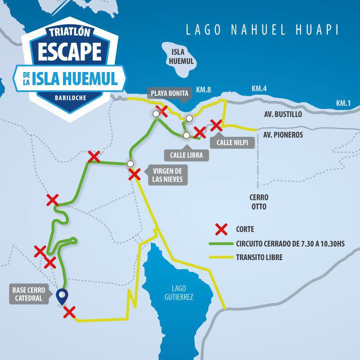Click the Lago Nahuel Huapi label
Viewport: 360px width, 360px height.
(262, 30)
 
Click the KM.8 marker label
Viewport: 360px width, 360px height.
(203, 89)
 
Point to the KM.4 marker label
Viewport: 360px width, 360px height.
(259, 89)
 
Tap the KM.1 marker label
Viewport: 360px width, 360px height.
(344, 103)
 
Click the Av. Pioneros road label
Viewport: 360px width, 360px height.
(283, 135)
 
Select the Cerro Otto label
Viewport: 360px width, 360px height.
(259, 202)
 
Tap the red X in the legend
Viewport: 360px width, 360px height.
(221, 229)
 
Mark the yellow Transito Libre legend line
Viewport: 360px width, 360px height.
(221, 258)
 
